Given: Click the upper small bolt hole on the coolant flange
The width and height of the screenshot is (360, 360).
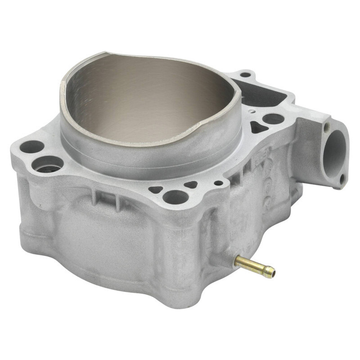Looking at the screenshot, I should pyautogui.click(x=327, y=128).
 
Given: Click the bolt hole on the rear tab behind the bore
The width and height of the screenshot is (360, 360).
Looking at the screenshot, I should pyautogui.click(x=245, y=75).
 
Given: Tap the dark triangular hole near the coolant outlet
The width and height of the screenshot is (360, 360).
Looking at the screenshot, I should pyautogui.click(x=258, y=128).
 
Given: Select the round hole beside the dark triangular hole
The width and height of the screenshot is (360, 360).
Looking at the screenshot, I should pyautogui.click(x=273, y=119).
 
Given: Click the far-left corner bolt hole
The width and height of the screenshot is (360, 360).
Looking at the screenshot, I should pyautogui.click(x=31, y=146).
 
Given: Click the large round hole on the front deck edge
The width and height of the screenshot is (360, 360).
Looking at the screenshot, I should pyautogui.click(x=175, y=197).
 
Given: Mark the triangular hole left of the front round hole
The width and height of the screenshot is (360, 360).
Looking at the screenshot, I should pyautogui.click(x=156, y=189).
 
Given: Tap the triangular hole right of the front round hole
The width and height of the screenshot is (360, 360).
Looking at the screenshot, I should pyautogui.click(x=191, y=184).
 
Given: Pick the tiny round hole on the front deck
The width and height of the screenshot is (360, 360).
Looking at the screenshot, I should pyautogui.click(x=218, y=183).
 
